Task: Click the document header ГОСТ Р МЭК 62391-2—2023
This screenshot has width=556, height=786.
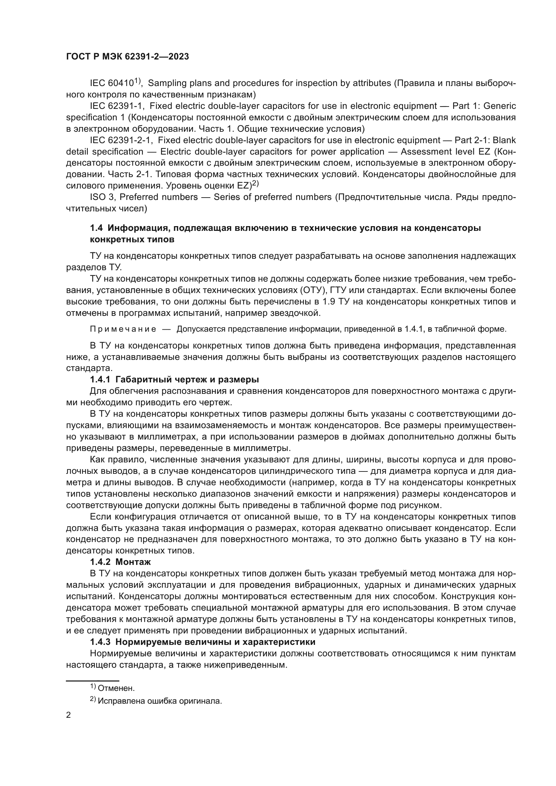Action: coord(127,57)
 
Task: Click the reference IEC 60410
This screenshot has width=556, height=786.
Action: coord(111,83)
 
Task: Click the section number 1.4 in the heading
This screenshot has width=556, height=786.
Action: coord(96,228)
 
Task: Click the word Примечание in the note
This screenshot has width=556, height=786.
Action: coord(123,329)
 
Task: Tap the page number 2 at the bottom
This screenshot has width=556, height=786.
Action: coord(69,715)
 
